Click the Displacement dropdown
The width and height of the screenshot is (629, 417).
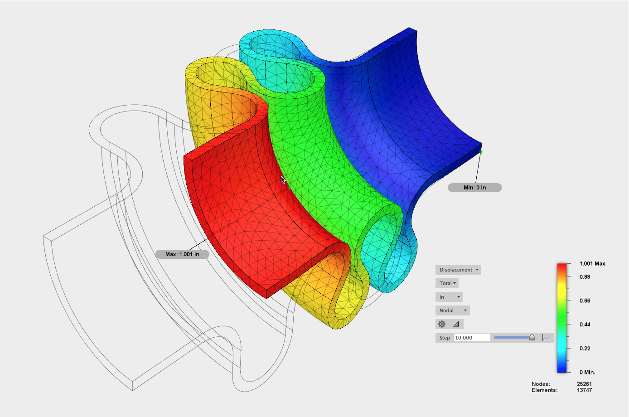tap(458, 270)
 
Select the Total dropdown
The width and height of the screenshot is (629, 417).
tap(447, 283)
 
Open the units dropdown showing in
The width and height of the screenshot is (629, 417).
tap(449, 297)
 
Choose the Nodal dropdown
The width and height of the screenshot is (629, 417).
tap(453, 310)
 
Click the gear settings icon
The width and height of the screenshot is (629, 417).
tap(442, 324)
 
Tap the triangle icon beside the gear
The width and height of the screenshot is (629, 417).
tap(456, 325)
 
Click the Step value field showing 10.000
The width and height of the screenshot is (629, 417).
tap(472, 338)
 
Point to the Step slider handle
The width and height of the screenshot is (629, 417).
tap(532, 337)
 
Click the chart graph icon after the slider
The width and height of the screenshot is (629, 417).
tap(546, 338)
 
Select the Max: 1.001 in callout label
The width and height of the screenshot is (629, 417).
tap(182, 254)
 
